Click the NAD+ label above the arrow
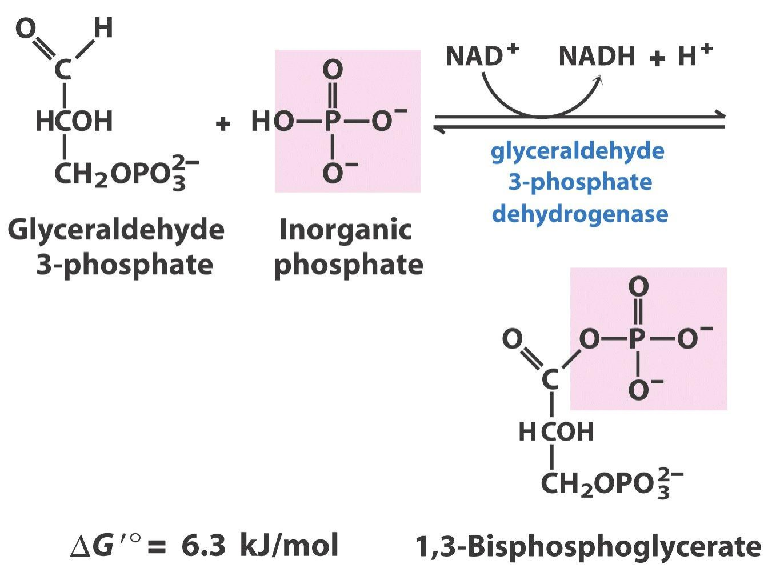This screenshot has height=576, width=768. coord(482,55)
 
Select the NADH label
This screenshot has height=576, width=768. coord(597,56)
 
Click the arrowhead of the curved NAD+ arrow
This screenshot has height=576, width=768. coord(599,80)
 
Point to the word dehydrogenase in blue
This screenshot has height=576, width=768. coord(580,214)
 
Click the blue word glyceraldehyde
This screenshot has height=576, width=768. coord(577,151)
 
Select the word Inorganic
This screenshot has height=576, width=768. coord(346,231)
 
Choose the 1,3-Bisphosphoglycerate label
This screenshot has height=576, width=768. coord(588,547)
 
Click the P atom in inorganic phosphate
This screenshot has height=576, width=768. coord(333,121)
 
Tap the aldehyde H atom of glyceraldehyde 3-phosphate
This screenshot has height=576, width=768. coord(103,27)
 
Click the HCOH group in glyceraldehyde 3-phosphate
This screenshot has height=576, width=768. coord(74,121)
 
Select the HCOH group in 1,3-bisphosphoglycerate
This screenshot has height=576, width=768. coord(557,431)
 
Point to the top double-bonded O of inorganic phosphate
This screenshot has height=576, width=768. coord(333,70)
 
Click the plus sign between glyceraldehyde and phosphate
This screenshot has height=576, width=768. coord(223,124)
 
